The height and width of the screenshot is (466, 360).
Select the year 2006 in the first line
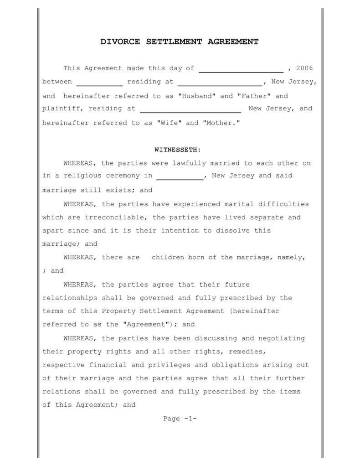click(304, 68)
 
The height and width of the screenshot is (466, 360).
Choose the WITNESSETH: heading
click(178, 150)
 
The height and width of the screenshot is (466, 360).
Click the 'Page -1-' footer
click(180, 419)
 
